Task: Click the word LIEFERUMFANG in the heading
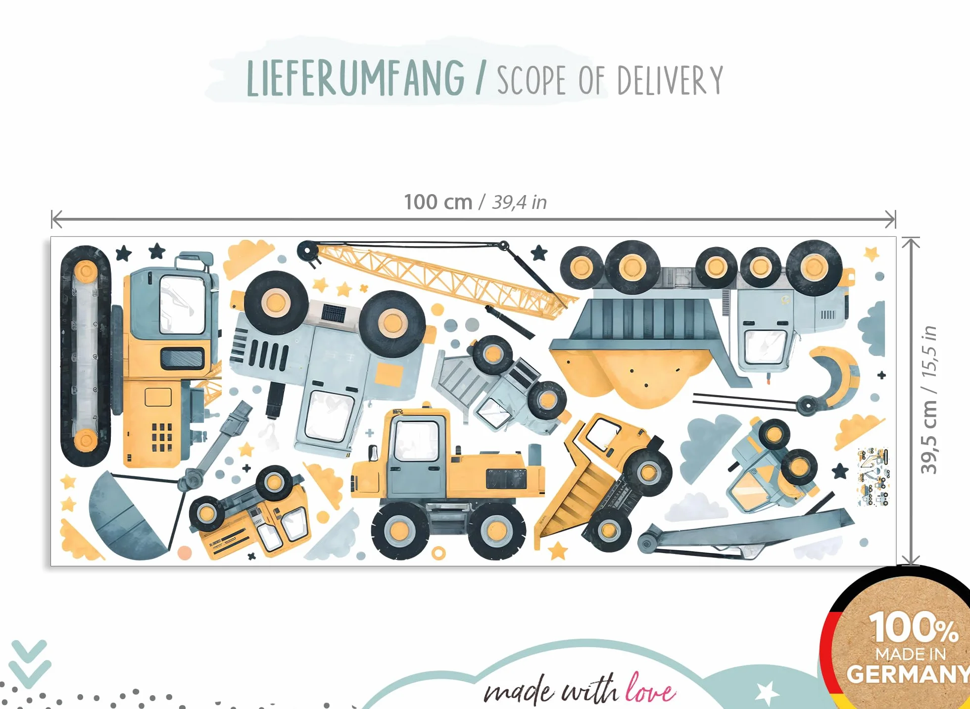point(355,78)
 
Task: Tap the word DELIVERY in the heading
point(670,80)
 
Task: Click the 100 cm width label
point(438,202)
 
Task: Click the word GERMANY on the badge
point(909,674)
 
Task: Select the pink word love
point(650,688)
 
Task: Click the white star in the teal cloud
point(767,692)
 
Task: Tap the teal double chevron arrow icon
point(30,663)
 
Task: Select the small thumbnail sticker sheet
point(873,477)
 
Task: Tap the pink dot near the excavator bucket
point(185,553)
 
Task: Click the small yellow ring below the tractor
point(439,553)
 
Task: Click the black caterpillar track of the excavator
point(86,355)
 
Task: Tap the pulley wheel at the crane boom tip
point(308,251)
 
